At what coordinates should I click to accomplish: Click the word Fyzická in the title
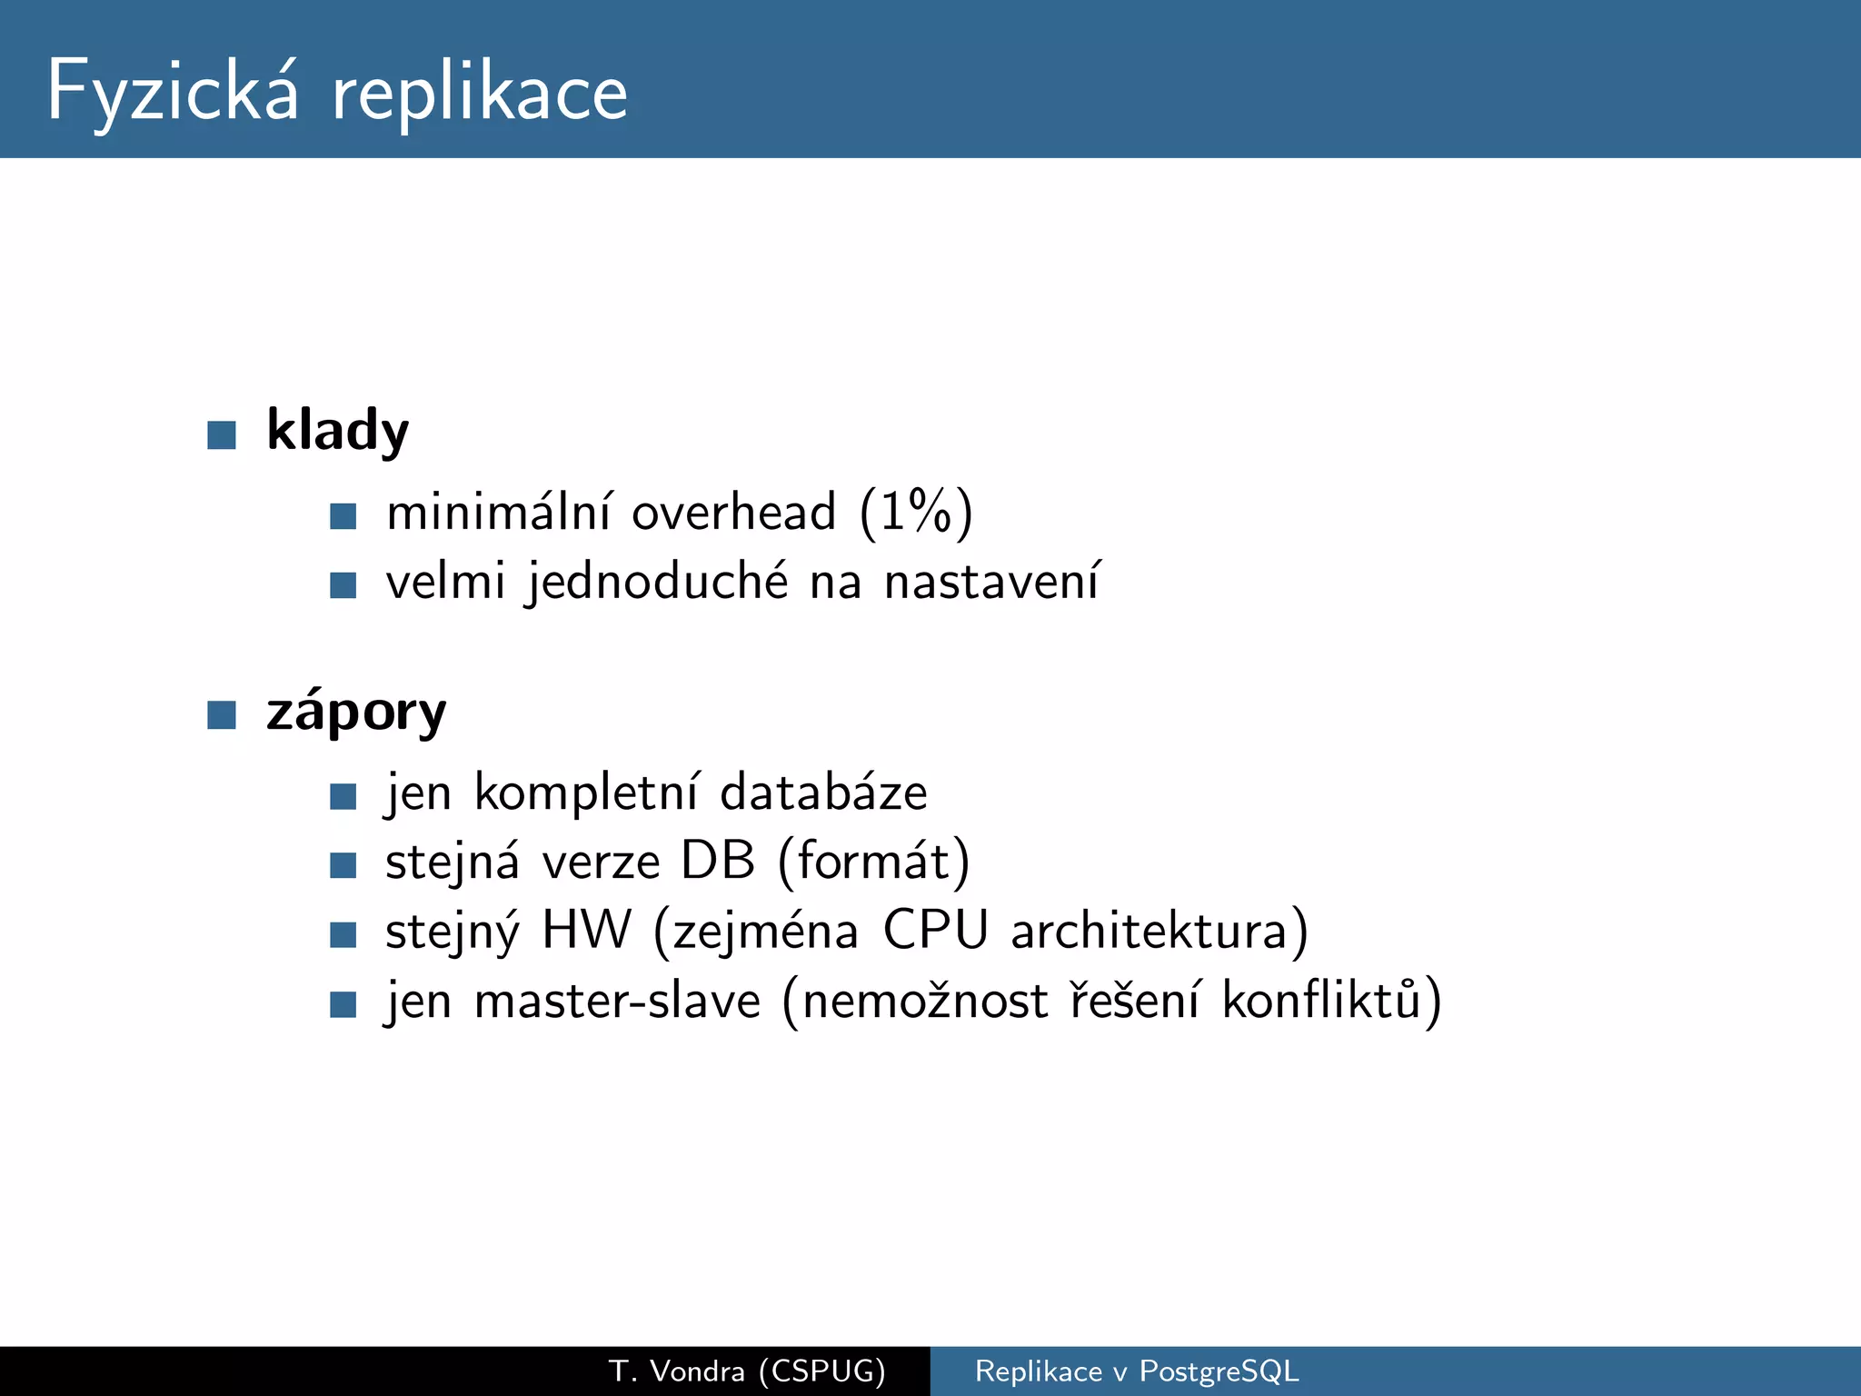click(x=173, y=91)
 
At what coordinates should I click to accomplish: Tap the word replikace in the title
click(x=480, y=93)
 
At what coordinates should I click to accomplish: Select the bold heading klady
click(x=337, y=430)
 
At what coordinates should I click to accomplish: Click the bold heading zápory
click(x=356, y=711)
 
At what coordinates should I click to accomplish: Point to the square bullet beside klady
click(x=222, y=434)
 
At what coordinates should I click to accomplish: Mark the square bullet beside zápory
click(x=222, y=714)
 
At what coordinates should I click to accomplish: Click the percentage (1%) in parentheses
click(x=916, y=513)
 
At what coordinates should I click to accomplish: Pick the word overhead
click(x=733, y=513)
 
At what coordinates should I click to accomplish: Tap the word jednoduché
click(x=658, y=582)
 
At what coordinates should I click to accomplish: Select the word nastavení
click(x=992, y=582)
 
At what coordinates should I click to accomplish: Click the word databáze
click(x=823, y=793)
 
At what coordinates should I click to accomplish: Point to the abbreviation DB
click(x=718, y=861)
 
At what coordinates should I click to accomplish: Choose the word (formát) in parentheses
click(x=874, y=863)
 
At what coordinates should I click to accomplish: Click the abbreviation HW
click(x=586, y=931)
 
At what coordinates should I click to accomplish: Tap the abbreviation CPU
click(x=935, y=931)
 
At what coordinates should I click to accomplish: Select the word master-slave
click(x=617, y=1001)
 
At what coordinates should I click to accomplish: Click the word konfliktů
click(x=1331, y=1001)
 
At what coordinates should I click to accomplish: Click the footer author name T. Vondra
click(x=676, y=1371)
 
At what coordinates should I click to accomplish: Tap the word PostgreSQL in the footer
click(x=1219, y=1371)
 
